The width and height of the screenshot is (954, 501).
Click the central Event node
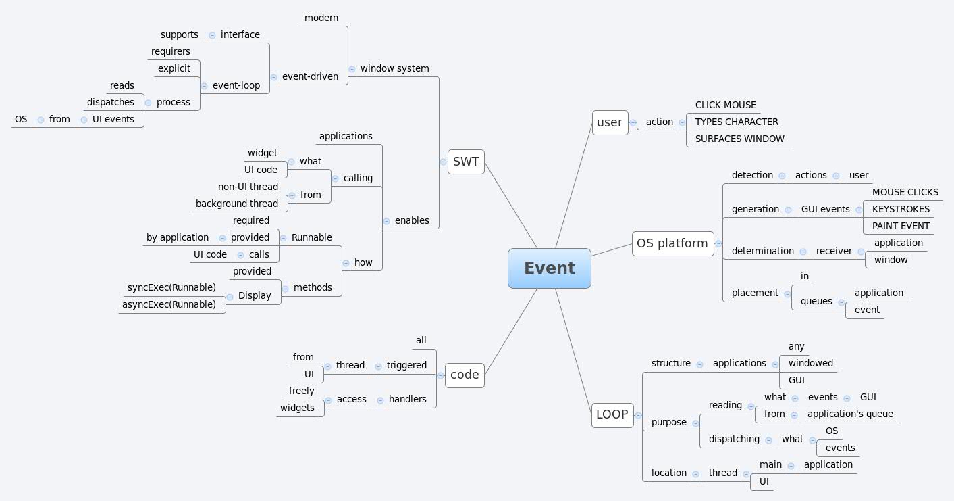tap(550, 268)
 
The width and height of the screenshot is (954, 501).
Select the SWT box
tap(466, 162)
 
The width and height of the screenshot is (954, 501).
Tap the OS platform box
tap(672, 243)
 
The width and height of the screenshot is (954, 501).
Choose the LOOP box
tap(612, 414)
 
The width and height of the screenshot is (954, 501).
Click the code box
tap(465, 375)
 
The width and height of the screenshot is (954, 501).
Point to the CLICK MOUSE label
tap(726, 105)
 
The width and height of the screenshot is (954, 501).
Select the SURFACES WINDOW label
tap(739, 139)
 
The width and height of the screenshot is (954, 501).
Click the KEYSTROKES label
tap(901, 209)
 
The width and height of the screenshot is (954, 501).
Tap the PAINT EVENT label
tap(901, 226)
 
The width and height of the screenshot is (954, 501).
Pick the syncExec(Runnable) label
tap(171, 287)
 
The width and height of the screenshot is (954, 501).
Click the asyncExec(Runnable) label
tap(169, 304)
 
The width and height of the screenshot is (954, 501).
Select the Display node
tap(255, 295)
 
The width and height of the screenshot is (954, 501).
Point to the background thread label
tap(237, 204)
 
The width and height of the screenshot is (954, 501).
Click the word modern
tap(321, 18)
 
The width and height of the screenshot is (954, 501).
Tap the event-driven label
tap(310, 76)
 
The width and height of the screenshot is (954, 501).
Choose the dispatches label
tap(110, 102)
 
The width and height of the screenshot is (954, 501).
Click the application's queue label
tap(850, 414)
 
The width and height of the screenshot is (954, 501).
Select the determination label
tap(763, 251)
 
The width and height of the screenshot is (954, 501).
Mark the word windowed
tap(811, 363)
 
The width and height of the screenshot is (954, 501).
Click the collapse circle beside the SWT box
tap(443, 162)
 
